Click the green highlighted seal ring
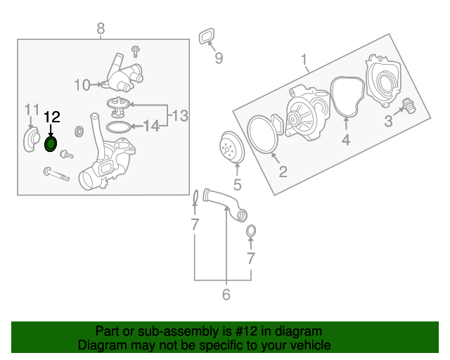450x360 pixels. tap(51, 145)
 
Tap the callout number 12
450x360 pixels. tap(52, 117)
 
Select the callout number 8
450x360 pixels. tap(101, 28)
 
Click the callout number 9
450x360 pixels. tap(219, 58)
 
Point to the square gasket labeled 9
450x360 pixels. tap(207, 35)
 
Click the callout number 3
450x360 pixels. tap(387, 122)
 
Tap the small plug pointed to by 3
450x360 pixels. tap(406, 108)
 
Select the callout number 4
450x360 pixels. tap(346, 140)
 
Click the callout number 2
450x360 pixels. tap(283, 171)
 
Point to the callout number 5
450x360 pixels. tap(237, 186)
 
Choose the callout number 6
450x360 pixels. tap(226, 295)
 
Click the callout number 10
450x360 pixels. tap(82, 85)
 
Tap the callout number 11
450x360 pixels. tap(32, 109)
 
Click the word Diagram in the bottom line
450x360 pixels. tap(99, 345)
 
